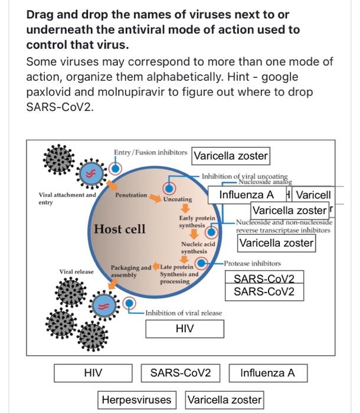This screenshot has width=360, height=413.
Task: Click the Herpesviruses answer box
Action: coord(136,399)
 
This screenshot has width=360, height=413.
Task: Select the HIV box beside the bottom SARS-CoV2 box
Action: coord(93,373)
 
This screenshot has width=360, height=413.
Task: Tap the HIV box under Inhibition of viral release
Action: coord(184,329)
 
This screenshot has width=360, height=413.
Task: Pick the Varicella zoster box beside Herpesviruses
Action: coord(224,399)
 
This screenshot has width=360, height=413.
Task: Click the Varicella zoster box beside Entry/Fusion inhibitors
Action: coord(231,156)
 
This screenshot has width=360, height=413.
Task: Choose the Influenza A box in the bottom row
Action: coord(267,373)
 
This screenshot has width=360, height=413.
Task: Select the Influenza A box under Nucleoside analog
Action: coord(246,195)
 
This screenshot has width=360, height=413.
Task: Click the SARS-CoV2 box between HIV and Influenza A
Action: coord(176,373)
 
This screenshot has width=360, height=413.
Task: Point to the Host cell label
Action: coord(119,229)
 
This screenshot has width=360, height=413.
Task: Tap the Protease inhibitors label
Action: coord(252,263)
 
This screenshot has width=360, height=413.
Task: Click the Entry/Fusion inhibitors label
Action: coord(150,152)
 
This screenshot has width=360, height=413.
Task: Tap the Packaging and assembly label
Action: coord(130,271)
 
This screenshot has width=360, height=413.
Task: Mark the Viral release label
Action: coord(76,271)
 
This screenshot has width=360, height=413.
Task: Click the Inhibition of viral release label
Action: coord(184,313)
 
